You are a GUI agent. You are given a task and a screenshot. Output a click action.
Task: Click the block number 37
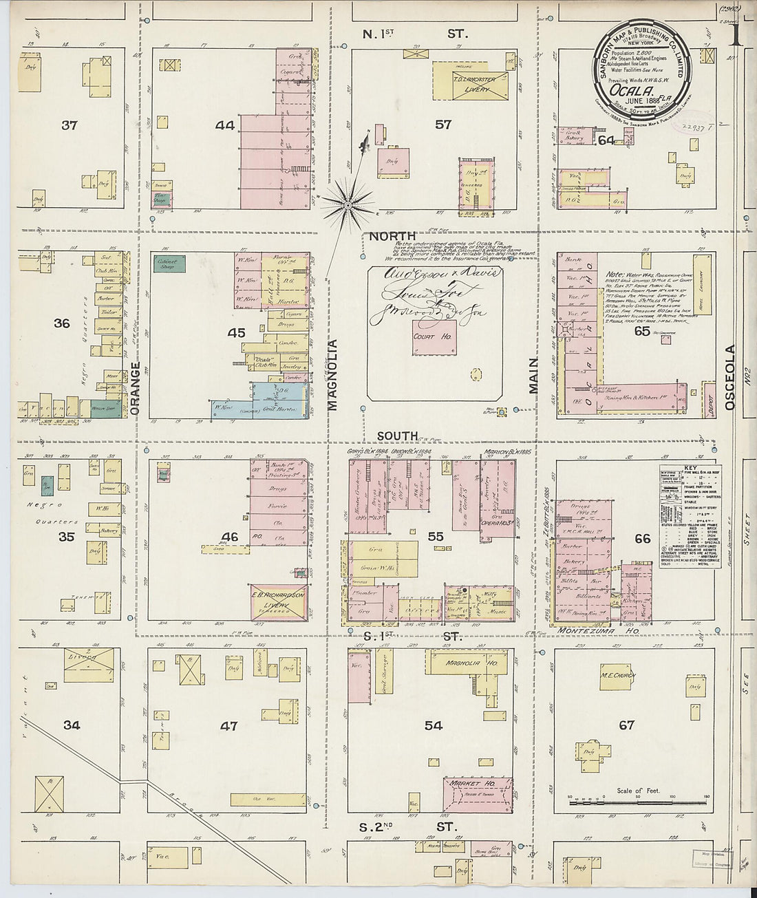tap(69, 125)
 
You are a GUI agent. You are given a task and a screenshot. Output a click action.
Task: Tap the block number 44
tap(224, 125)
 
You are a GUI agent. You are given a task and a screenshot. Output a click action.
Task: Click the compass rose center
tap(348, 204)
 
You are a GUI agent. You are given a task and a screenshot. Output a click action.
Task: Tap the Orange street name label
tap(135, 389)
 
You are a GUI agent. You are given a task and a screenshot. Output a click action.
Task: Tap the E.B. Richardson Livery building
tap(279, 603)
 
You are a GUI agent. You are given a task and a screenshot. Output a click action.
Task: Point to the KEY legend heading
tap(690, 469)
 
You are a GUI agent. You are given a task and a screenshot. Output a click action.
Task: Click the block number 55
tap(435, 537)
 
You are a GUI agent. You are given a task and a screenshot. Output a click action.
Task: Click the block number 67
tap(626, 725)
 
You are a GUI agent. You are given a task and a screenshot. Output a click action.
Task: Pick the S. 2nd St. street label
tap(409, 826)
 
